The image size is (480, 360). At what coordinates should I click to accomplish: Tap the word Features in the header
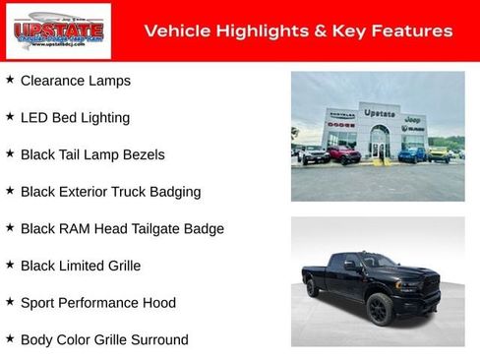(412, 30)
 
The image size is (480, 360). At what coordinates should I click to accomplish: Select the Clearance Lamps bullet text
(75, 81)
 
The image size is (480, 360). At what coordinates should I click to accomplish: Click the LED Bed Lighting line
(75, 118)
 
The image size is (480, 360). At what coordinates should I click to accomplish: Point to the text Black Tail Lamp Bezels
(92, 154)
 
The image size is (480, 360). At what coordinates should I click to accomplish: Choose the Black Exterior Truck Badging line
(110, 192)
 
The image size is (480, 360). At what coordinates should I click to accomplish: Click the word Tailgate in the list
(161, 229)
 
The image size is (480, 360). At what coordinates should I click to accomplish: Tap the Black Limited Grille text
(81, 266)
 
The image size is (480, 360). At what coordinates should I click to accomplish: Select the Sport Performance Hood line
(98, 303)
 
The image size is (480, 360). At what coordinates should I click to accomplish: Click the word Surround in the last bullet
(157, 340)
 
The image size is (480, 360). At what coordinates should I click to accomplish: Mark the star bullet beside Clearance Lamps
(10, 80)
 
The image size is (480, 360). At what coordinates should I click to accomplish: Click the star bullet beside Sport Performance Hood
(10, 302)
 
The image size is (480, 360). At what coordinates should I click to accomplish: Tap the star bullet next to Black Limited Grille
(10, 265)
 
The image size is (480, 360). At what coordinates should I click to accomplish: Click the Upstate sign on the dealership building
(379, 113)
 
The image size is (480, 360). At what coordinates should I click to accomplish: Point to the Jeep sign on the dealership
(412, 118)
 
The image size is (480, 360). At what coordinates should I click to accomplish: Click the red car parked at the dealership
(344, 154)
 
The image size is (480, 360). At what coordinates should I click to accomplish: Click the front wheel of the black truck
(380, 309)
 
